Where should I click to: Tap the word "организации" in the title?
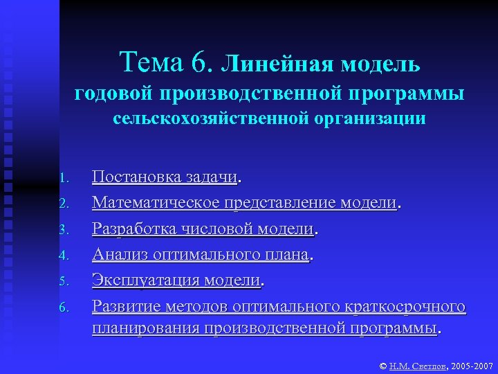click(366, 118)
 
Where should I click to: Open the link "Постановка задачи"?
click(165, 178)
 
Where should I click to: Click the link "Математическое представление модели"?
click(245, 203)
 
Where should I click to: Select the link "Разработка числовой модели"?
click(204, 229)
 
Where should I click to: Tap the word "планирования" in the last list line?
click(146, 327)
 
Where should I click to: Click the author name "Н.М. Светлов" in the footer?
click(418, 364)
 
